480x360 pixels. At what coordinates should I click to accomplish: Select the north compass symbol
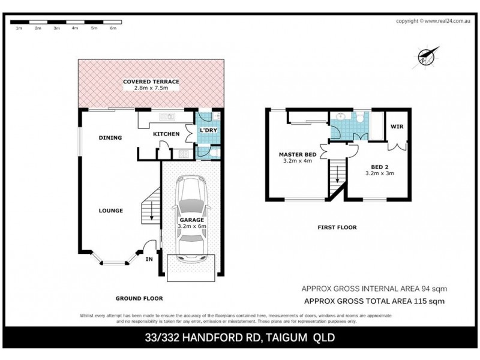(426, 57)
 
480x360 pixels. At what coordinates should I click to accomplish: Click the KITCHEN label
(166, 134)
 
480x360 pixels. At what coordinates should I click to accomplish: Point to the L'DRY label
(208, 130)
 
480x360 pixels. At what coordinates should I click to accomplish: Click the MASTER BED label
(298, 154)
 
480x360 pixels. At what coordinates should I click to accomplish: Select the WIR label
(397, 127)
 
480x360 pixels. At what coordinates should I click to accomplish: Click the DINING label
(110, 138)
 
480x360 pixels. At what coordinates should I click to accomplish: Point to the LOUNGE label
(111, 211)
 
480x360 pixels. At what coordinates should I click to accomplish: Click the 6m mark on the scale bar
(113, 28)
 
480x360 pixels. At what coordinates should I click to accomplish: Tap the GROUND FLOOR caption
(140, 298)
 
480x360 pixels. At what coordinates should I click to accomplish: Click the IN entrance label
(149, 259)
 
